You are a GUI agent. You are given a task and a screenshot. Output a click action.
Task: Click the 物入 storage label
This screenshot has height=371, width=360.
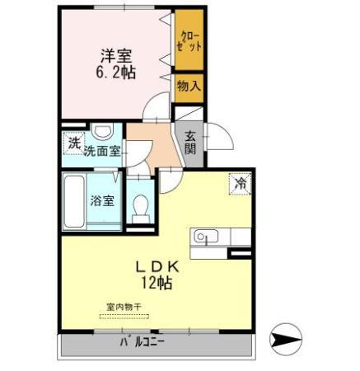[188, 87]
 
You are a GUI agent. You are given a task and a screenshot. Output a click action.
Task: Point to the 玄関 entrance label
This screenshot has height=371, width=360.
[189, 143]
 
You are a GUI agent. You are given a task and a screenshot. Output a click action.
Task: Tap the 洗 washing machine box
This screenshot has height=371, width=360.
[73, 143]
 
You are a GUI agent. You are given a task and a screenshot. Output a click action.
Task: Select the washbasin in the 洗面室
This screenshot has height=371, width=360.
[103, 133]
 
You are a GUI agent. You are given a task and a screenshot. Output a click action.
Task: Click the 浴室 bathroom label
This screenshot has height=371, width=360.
[102, 200]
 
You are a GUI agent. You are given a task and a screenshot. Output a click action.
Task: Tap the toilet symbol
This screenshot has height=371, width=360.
[139, 204]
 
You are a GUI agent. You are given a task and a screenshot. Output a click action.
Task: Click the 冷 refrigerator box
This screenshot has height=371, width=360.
[241, 183]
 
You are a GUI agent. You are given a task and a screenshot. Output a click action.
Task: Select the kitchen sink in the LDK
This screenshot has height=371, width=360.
[203, 237]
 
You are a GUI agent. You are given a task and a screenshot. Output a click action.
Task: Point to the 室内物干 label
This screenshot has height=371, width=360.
[124, 308]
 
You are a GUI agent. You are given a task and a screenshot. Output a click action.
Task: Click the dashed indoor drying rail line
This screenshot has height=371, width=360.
[124, 315]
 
